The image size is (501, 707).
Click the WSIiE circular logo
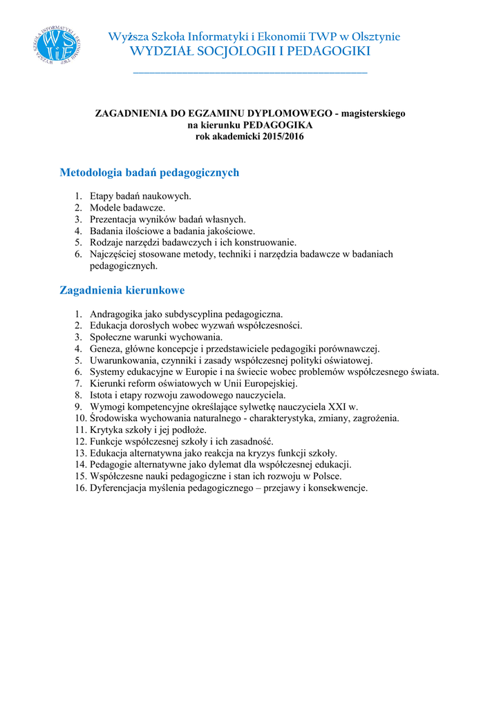tap(56, 45)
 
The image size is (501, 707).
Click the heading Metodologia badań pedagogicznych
tap(149, 173)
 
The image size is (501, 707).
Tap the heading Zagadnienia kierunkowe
tap(122, 291)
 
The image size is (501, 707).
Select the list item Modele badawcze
tap(127, 207)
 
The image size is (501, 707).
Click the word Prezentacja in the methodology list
tap(113, 219)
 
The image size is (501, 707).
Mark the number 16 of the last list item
tap(80, 488)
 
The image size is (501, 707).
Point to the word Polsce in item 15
tap(326, 476)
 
